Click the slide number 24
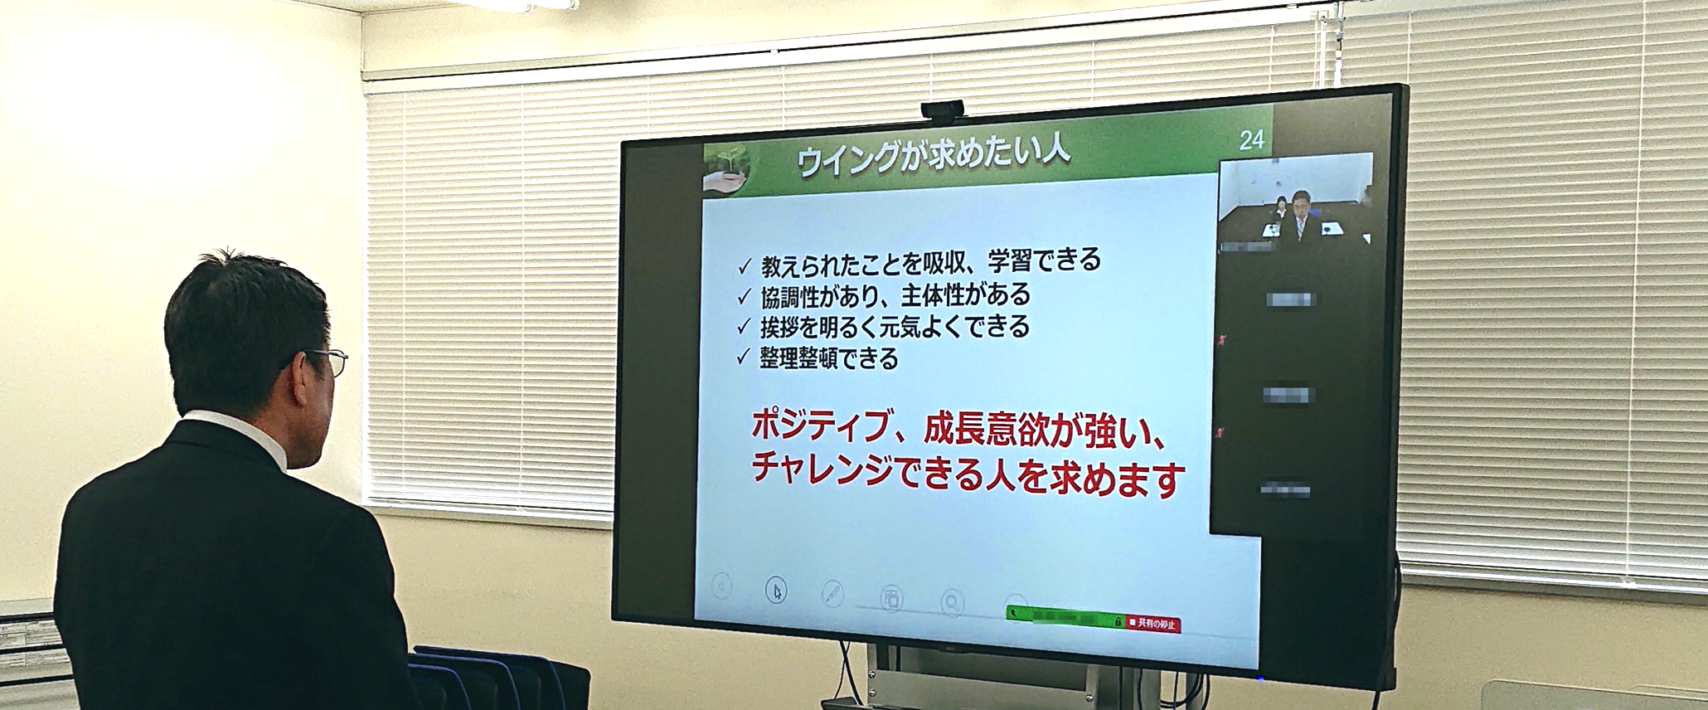point(1250,140)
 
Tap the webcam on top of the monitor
point(943,109)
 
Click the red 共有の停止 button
point(1153,624)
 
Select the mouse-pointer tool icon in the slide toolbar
point(777,591)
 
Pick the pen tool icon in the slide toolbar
point(832,594)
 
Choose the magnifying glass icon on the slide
point(952,603)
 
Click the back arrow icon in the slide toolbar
point(721,587)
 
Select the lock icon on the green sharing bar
point(1118,622)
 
